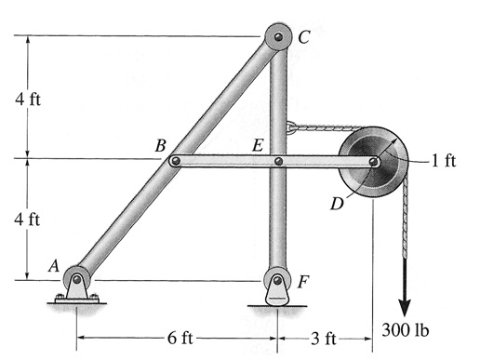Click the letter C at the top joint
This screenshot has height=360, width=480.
tap(304, 38)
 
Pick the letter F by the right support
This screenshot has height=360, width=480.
tap(304, 279)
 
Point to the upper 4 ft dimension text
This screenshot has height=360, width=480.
tap(27, 99)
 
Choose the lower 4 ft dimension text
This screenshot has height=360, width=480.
tap(27, 220)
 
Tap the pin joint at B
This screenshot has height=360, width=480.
tap(175, 162)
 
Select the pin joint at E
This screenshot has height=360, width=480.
tap(277, 162)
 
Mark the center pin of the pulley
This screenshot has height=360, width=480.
tap(373, 162)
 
